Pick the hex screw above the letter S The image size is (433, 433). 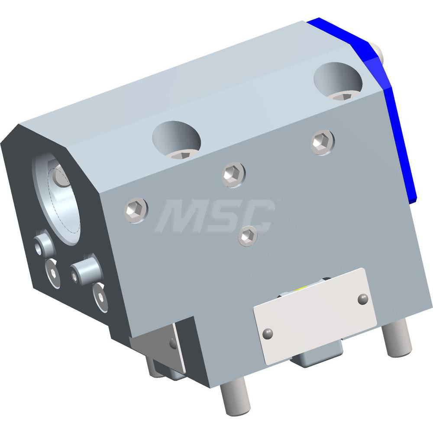[233, 174]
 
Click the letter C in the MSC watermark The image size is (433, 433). [258, 216]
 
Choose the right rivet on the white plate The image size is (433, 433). [363, 298]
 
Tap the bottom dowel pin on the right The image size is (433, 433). [397, 339]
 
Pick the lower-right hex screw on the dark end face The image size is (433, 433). [100, 297]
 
